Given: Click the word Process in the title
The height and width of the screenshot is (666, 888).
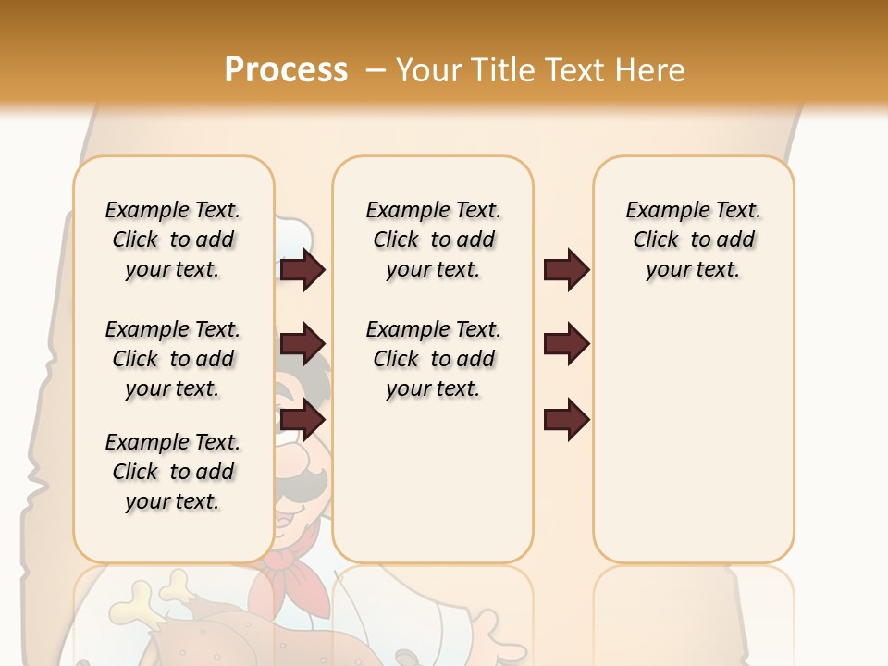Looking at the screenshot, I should pyautogui.click(x=285, y=69).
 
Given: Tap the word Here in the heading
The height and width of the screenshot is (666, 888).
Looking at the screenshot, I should pyautogui.click(x=653, y=70).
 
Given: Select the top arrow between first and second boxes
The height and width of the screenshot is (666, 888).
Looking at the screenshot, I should pyautogui.click(x=302, y=269).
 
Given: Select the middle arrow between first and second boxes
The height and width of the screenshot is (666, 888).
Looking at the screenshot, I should pyautogui.click(x=302, y=344).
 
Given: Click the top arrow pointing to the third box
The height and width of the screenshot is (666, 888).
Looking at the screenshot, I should pyautogui.click(x=566, y=269).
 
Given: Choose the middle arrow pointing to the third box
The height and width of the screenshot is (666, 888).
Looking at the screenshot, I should pyautogui.click(x=566, y=344).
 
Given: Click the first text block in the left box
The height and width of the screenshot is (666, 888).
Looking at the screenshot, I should pyautogui.click(x=173, y=240).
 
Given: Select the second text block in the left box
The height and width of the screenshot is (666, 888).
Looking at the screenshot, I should pyautogui.click(x=173, y=359).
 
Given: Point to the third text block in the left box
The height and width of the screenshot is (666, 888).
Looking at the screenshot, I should pyautogui.click(x=173, y=472).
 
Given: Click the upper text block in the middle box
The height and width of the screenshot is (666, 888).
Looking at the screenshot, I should pyautogui.click(x=433, y=240).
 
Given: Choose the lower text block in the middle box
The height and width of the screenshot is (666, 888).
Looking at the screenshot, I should pyautogui.click(x=433, y=359).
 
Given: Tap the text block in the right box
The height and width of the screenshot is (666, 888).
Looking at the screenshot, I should pyautogui.click(x=693, y=240).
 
